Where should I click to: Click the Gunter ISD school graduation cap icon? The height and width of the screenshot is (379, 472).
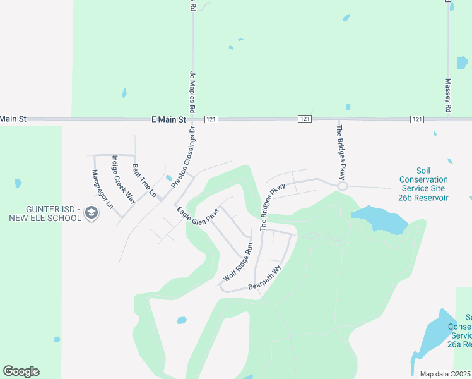tap(91, 214)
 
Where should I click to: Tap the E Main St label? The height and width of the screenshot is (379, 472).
tap(168, 119)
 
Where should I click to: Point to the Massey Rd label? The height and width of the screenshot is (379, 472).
tap(447, 95)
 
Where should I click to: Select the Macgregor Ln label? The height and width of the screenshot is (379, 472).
tap(102, 189)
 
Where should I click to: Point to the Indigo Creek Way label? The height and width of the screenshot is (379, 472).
tap(124, 179)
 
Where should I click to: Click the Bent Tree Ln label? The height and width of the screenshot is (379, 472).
tap(144, 180)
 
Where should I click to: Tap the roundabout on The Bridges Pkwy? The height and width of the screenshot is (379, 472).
tap(343, 186)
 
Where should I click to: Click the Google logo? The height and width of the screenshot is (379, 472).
tap(21, 371)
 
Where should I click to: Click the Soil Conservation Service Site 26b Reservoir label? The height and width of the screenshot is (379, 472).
tap(423, 184)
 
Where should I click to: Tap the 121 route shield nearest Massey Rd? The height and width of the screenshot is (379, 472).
tap(416, 119)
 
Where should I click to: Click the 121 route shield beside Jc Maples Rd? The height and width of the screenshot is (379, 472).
tap(211, 119)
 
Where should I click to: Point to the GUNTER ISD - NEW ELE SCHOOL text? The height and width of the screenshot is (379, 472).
tap(45, 214)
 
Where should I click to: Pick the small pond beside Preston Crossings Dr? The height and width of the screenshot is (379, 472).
tap(169, 178)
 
